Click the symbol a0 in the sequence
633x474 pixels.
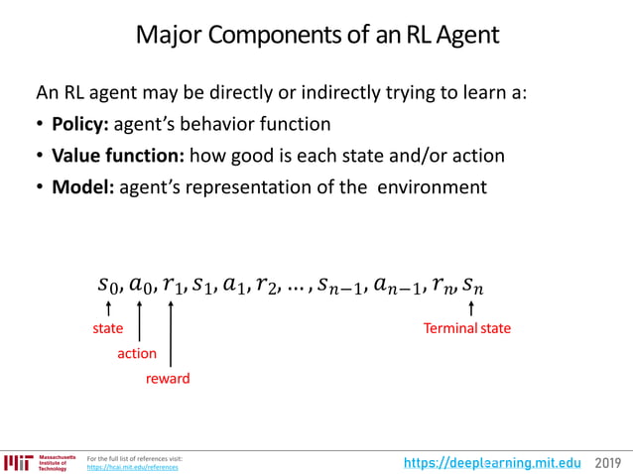coord(140,287)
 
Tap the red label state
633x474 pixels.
coord(108,328)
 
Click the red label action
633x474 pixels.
coord(137,353)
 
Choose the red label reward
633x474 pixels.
coord(167,379)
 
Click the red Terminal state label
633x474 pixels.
coord(466,328)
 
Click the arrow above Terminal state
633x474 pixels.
coord(470,310)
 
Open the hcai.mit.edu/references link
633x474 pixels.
coord(133,467)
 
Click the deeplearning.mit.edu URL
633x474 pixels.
coord(493,462)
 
